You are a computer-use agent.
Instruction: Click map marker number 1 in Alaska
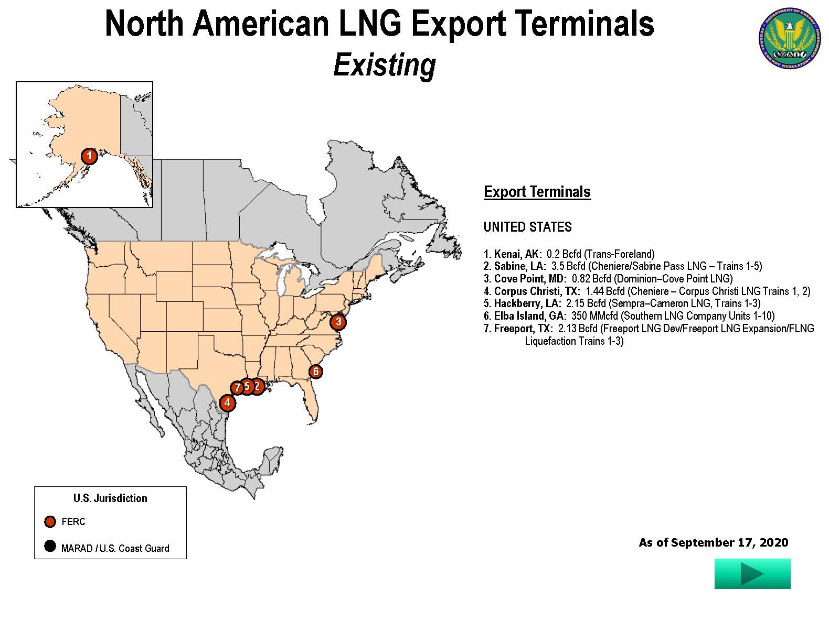[x=89, y=156]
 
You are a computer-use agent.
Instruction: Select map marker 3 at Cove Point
[x=338, y=322]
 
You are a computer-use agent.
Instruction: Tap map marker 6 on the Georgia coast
[x=315, y=372]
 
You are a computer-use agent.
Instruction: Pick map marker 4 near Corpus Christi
[x=227, y=403]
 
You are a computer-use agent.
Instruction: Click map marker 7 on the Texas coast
[x=237, y=388]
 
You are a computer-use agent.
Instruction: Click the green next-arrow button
[x=752, y=573]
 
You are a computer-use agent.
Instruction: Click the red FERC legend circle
[x=50, y=521]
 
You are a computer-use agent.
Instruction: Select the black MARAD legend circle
[x=50, y=547]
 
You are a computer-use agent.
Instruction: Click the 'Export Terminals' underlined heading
[x=537, y=192]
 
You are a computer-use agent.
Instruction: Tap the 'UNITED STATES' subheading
[x=527, y=227]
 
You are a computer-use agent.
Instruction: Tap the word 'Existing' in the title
[x=385, y=65]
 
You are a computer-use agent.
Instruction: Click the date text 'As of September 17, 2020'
[x=713, y=542]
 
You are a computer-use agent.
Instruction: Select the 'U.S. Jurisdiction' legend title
[x=110, y=498]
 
